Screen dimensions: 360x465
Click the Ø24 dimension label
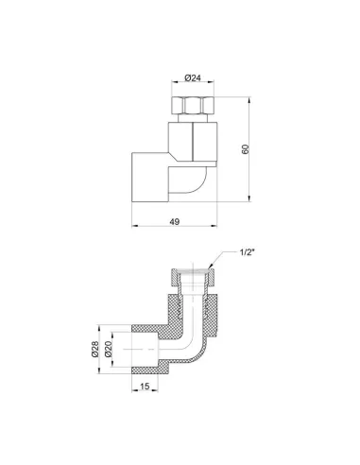(193, 77)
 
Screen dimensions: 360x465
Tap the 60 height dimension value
(246, 148)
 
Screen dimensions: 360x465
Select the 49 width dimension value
(175, 221)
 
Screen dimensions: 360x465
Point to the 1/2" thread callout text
(247, 252)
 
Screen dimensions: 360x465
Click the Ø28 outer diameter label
(95, 350)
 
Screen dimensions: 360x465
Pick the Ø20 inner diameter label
(108, 350)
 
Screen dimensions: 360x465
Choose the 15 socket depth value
(145, 386)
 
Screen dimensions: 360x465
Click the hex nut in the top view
(193, 106)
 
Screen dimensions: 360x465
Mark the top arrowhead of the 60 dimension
(249, 100)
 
